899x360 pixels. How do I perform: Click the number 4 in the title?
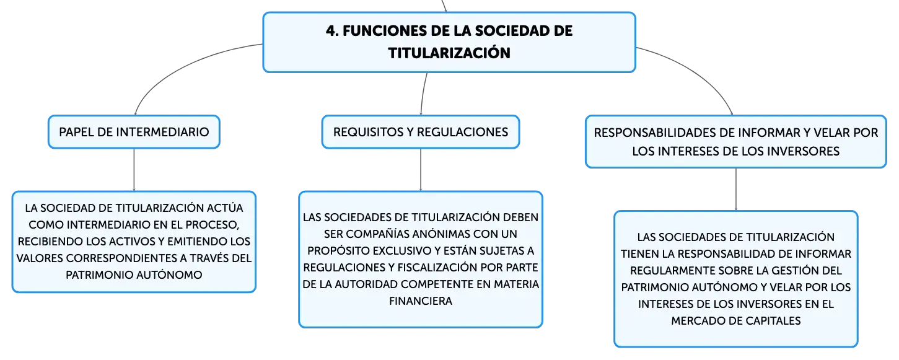[x=331, y=31]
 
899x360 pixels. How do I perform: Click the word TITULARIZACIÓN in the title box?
[x=449, y=53]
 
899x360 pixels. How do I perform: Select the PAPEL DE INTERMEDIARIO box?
[x=134, y=132]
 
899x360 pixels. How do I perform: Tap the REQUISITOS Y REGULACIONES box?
[x=421, y=132]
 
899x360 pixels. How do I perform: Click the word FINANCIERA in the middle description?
[x=421, y=301]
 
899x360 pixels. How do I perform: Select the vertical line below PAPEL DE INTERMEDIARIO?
[x=134, y=170]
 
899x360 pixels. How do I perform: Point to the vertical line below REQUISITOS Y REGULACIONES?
[x=421, y=170]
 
